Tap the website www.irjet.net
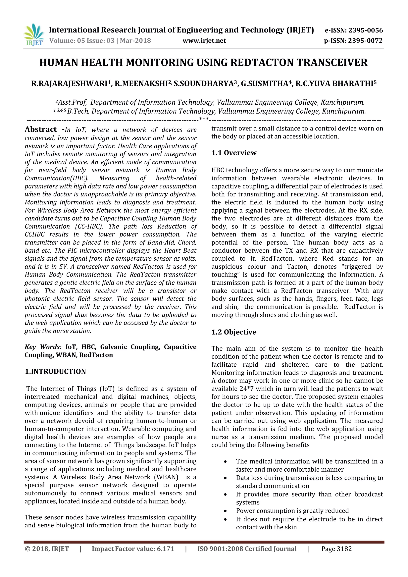click(x=204, y=41)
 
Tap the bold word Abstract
click(x=41, y=130)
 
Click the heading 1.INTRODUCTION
click(x=55, y=371)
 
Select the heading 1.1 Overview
click(x=234, y=153)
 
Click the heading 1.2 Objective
click(x=234, y=332)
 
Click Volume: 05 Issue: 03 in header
click(x=82, y=41)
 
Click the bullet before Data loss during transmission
click(x=225, y=478)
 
